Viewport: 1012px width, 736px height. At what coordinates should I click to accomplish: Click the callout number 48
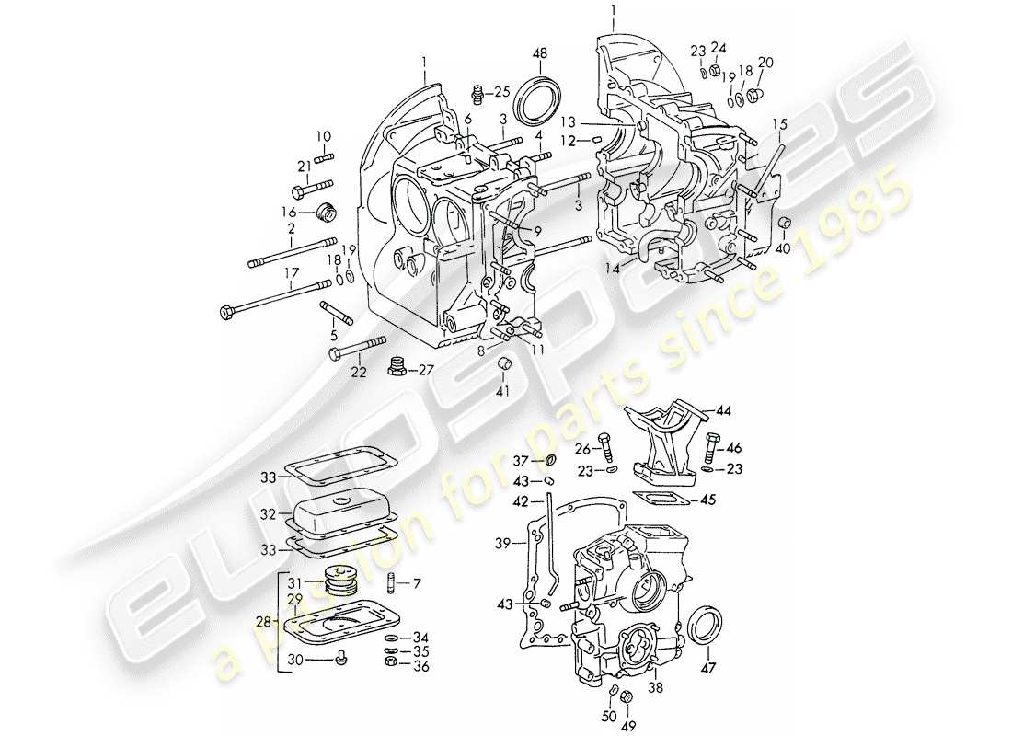pos(540,53)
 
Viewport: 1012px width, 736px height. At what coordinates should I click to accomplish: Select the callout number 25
pos(501,92)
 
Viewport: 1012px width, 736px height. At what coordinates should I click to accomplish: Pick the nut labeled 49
pos(627,696)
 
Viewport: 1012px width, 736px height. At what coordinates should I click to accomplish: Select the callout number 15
pos(779,123)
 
